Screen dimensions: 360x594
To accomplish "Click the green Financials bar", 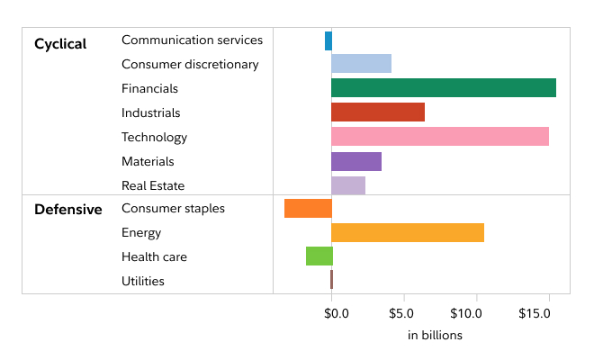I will tap(443, 88).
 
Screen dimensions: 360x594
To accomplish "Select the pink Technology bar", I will tap(439, 137).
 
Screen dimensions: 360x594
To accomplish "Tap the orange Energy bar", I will tap(407, 232).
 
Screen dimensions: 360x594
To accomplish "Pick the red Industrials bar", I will tap(377, 112).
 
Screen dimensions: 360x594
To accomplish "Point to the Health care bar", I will tap(319, 256).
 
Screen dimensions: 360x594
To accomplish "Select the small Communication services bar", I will tap(328, 40).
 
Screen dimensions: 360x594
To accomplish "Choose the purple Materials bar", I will tap(355, 162).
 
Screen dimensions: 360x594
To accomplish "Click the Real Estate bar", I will tap(347, 185).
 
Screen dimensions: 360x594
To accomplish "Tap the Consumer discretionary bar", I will tap(361, 64).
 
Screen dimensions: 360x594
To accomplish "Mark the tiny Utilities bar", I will tap(331, 280).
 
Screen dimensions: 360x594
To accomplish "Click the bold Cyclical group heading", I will tap(60, 44).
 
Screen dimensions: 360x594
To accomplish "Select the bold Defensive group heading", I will tap(67, 210).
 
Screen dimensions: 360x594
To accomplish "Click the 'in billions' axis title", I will tap(435, 336).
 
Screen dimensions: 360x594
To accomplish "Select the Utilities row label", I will tap(143, 281).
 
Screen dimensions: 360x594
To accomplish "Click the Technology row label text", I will tap(154, 138).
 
